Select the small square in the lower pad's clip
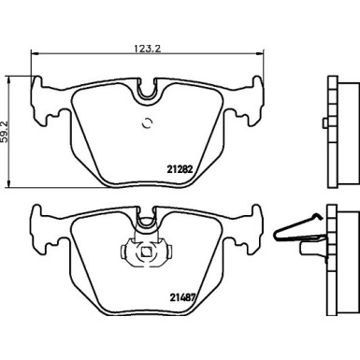(145, 252)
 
